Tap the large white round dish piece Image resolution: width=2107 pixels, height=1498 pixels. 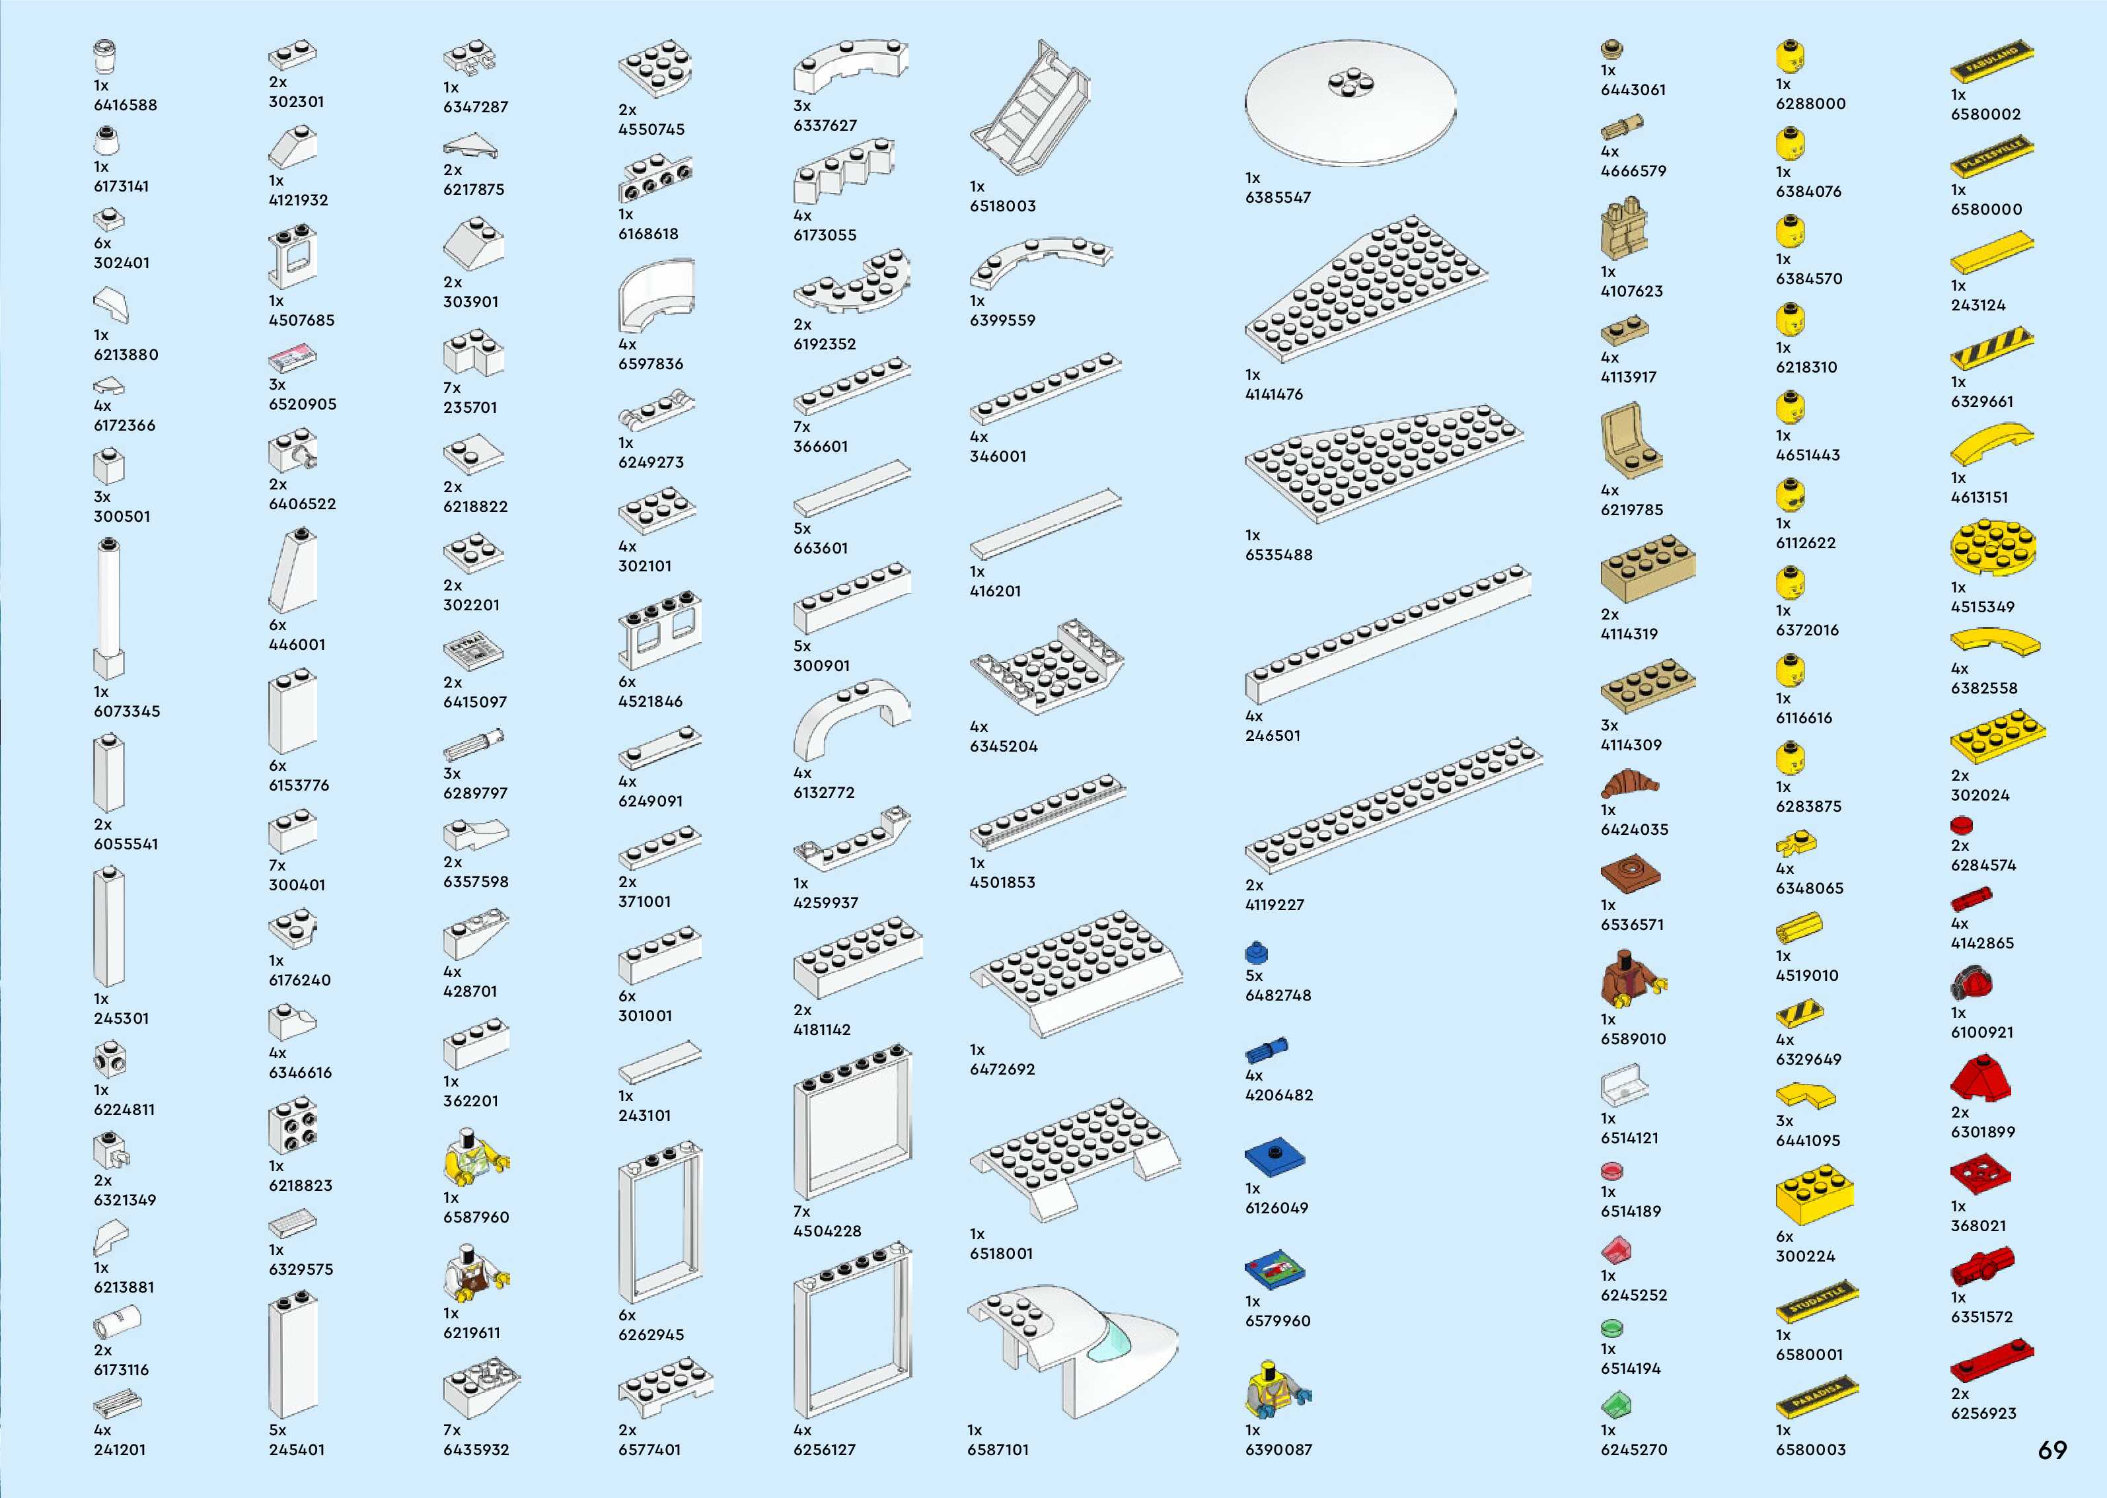(x=1350, y=102)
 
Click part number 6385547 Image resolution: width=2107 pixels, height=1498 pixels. (x=1278, y=197)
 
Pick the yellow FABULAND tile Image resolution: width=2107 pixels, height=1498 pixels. (x=1991, y=61)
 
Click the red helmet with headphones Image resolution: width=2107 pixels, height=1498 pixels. (x=1972, y=983)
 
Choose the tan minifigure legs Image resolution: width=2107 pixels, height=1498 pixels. (x=1623, y=229)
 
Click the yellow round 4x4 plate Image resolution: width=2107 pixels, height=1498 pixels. (x=1993, y=548)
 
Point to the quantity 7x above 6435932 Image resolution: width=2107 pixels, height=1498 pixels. (x=451, y=1431)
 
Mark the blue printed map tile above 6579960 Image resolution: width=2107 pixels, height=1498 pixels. (x=1274, y=1270)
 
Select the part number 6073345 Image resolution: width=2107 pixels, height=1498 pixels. (x=126, y=711)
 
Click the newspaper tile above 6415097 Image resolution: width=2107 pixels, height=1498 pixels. (x=473, y=651)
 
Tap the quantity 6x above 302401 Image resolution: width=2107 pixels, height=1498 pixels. (x=102, y=244)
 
